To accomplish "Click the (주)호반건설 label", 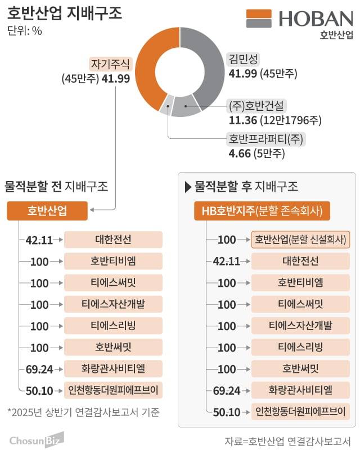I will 257,105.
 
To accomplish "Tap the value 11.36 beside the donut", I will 240,120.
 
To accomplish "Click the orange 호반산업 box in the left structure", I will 47,211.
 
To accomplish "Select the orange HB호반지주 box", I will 262,211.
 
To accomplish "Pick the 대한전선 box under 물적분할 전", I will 113,240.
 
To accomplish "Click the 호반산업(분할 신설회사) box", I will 300,240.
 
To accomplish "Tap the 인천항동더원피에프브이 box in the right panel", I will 300,411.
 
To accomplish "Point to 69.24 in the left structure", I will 39,369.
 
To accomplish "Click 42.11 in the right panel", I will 227,261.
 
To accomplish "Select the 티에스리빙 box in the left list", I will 113,326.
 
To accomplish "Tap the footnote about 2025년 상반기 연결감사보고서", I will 84,412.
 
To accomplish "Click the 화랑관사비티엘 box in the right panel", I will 300,390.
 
